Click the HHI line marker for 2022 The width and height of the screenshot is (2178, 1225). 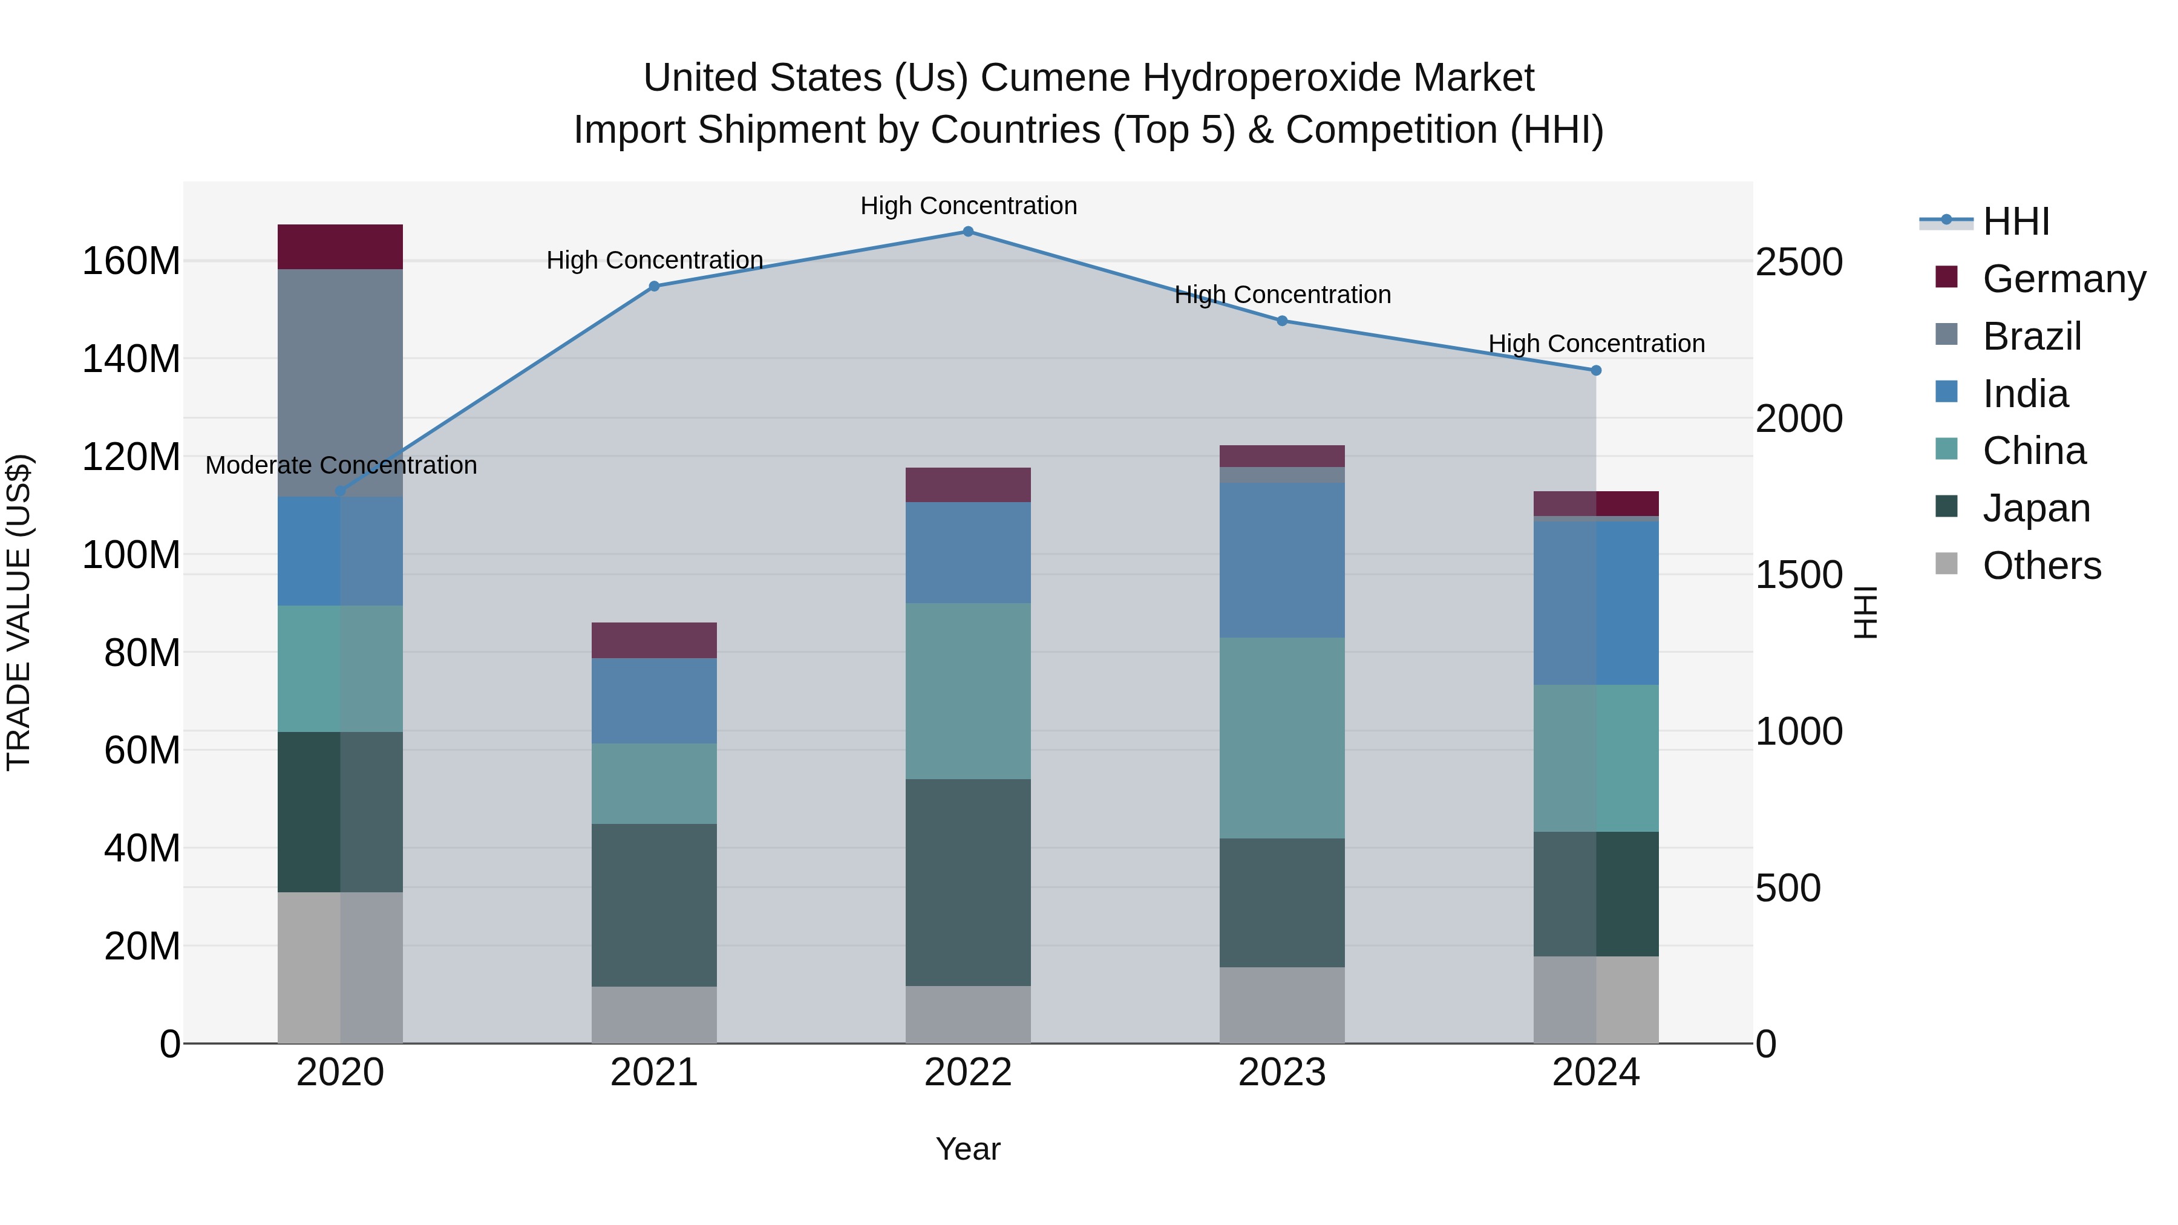pos(968,232)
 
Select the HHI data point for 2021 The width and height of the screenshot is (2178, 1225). pos(653,287)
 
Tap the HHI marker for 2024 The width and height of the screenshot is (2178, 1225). pos(1595,370)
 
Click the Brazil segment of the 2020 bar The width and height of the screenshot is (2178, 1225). pos(340,382)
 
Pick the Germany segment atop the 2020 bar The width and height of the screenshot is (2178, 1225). pos(340,247)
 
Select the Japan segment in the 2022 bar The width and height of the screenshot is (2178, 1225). pos(968,882)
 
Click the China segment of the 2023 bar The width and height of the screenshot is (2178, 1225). pos(1282,737)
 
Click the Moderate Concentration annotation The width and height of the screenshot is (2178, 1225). pos(341,465)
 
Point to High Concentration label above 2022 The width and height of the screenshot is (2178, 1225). pos(968,206)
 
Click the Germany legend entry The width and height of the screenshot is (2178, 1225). pos(2063,279)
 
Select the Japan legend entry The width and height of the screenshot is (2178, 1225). pos(2035,508)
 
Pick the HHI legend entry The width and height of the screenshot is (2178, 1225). pos(2016,221)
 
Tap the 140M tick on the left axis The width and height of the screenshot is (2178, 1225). pos(131,359)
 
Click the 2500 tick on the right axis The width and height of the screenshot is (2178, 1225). pos(1799,262)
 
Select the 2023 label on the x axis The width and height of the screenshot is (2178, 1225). pos(1282,1073)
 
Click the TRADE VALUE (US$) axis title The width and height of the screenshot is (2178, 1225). pos(19,612)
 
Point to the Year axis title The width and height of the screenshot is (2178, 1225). pos(968,1149)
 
